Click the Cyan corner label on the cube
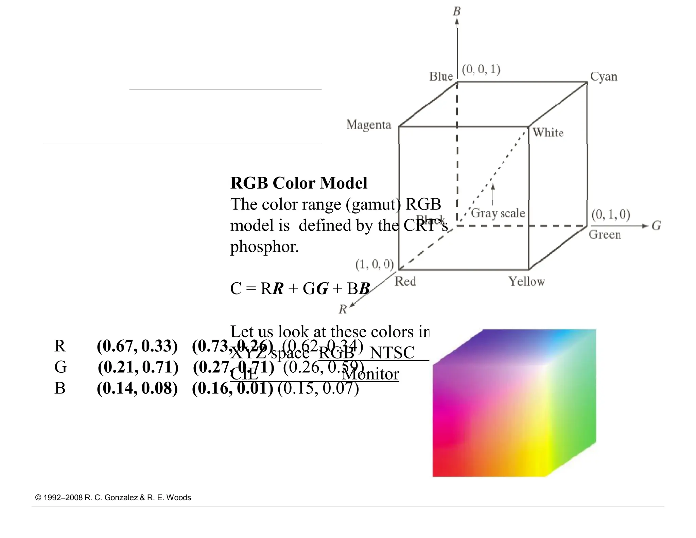point(604,77)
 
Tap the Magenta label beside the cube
point(369,125)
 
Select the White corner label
point(548,132)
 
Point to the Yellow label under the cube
point(526,282)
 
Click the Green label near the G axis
point(605,235)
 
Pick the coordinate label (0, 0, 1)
point(481,69)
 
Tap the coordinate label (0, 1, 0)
point(611,214)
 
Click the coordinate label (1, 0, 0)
point(374,264)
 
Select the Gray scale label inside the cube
point(498,213)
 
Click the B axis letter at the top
point(457,12)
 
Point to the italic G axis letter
point(656,226)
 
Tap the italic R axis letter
point(343,309)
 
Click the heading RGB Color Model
point(299,183)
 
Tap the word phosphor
point(264,247)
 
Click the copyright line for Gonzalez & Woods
point(113,498)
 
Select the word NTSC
point(392,353)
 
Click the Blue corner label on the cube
point(441,77)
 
